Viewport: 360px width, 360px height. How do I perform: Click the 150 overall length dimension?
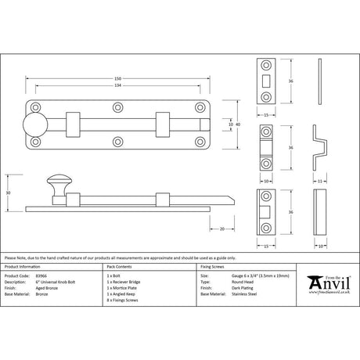118,78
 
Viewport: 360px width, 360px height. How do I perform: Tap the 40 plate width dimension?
236,124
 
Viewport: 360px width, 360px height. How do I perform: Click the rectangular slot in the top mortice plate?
266,80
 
